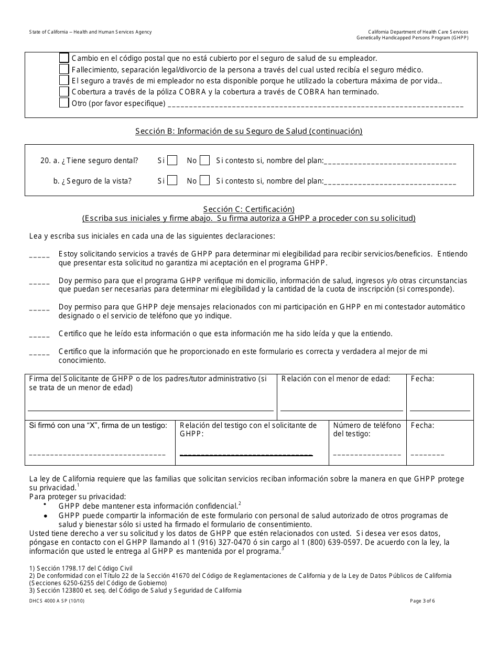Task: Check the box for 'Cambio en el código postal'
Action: (64, 58)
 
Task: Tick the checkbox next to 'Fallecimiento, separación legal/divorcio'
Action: (64, 69)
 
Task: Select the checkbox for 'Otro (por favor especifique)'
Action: (64, 103)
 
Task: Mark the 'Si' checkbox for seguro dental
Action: (172, 160)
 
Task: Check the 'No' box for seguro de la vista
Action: (204, 180)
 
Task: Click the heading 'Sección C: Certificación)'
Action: (249, 209)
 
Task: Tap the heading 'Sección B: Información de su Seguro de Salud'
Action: (249, 131)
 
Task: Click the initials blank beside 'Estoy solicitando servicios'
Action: (39, 256)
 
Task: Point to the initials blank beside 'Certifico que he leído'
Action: (39, 336)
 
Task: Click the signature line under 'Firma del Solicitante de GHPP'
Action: (150, 408)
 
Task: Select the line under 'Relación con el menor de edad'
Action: (342, 408)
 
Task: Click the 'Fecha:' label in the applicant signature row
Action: (423, 379)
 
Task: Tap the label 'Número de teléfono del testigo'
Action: (367, 429)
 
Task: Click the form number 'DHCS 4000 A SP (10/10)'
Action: (57, 601)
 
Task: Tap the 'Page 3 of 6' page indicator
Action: (423, 601)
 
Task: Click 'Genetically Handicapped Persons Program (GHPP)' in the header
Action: (413, 38)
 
